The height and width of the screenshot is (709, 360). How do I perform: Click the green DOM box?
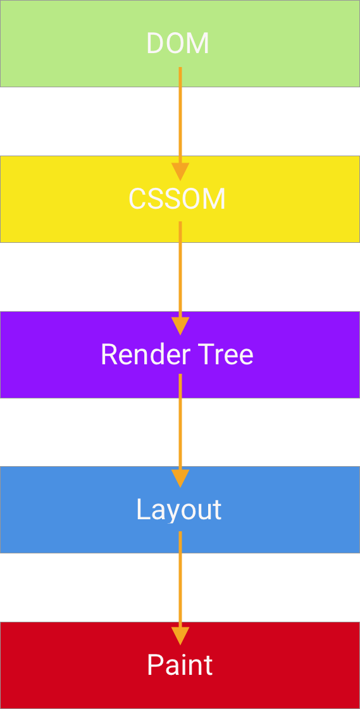[x=76, y=44]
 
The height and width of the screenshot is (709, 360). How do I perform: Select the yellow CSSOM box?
[x=76, y=199]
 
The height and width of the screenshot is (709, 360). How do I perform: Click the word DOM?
[x=177, y=44]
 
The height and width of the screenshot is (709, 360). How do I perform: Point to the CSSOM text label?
[x=177, y=199]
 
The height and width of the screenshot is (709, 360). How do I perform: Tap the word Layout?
[x=179, y=510]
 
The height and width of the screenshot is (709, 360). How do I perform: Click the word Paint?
[x=180, y=665]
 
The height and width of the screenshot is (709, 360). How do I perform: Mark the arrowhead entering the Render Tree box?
[x=180, y=326]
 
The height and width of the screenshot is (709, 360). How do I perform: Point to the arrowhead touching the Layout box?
[x=180, y=478]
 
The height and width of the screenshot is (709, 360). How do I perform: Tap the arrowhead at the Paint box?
[x=180, y=636]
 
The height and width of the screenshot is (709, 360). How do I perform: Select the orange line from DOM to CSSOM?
[x=180, y=120]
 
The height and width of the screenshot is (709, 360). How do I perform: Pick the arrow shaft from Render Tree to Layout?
[x=180, y=430]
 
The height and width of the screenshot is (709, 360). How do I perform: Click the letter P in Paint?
[x=154, y=665]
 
